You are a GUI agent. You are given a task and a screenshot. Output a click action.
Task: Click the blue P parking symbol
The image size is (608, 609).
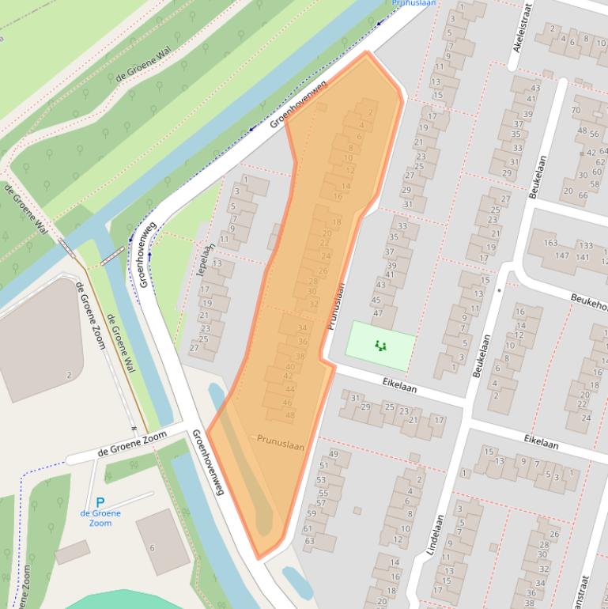(100, 502)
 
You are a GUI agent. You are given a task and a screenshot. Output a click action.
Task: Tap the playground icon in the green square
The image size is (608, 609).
(380, 346)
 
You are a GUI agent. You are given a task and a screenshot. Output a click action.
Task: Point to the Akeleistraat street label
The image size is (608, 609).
(521, 26)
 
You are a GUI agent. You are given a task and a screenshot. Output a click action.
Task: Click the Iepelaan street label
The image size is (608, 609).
(204, 260)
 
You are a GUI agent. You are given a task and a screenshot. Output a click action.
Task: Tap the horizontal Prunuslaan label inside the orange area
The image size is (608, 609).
(280, 446)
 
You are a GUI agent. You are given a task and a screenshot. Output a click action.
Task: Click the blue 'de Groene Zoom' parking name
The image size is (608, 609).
(100, 518)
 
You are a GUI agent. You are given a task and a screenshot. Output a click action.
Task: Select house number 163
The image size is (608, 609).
(550, 244)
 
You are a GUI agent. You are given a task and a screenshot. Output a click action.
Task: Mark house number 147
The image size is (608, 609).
(562, 256)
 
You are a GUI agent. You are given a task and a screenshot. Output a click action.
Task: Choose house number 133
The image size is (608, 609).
(585, 246)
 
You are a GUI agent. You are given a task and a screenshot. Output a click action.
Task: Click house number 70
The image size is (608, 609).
(576, 110)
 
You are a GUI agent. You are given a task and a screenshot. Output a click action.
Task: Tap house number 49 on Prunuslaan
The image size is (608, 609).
(334, 453)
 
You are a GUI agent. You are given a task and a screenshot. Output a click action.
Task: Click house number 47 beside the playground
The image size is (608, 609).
(377, 312)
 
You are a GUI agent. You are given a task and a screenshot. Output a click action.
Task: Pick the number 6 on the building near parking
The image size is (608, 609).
(152, 547)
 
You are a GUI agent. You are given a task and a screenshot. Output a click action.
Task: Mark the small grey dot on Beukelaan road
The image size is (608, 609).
(499, 290)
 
